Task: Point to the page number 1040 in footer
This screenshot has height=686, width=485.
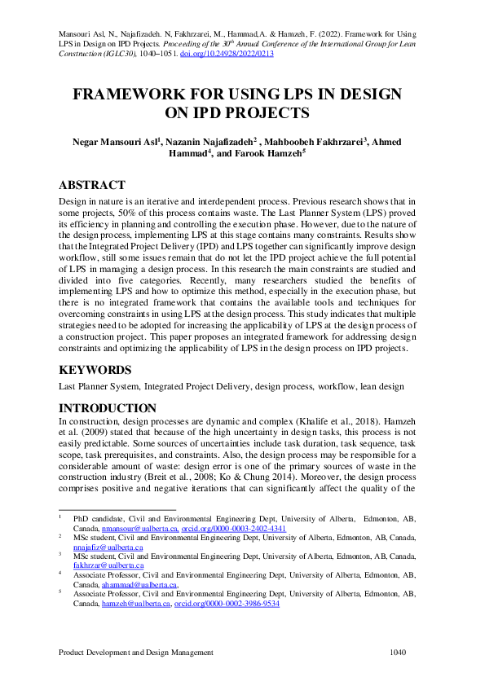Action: [x=397, y=653]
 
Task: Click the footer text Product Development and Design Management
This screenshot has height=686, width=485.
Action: [x=136, y=653]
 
